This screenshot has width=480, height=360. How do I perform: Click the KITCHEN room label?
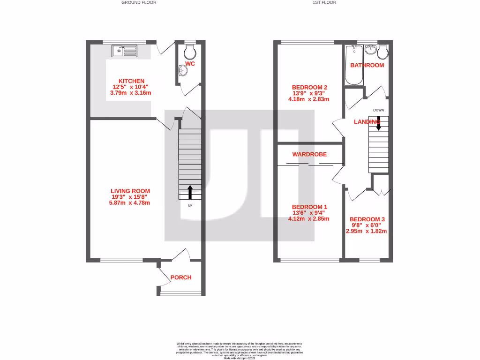click(131, 81)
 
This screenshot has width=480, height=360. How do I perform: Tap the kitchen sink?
click(124, 51)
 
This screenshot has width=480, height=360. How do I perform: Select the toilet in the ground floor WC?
click(189, 51)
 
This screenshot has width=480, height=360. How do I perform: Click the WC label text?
click(190, 64)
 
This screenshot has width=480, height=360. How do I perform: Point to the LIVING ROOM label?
click(130, 191)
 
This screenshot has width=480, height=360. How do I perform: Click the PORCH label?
click(181, 277)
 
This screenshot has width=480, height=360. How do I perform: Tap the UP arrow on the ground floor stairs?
click(190, 192)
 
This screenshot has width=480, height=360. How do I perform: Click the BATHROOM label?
click(367, 65)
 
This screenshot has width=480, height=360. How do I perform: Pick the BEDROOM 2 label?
click(309, 87)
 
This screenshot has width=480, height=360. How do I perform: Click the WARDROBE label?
click(309, 154)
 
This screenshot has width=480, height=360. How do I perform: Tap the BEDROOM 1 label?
click(309, 207)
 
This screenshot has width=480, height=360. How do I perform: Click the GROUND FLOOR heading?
click(139, 2)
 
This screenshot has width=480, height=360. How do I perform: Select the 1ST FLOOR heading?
click(324, 2)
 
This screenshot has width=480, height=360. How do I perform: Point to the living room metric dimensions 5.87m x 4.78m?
click(130, 203)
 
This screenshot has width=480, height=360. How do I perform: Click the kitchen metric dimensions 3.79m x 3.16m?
click(131, 93)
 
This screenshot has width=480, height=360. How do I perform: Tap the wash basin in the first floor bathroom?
click(371, 48)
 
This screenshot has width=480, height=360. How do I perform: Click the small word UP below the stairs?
click(190, 205)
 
